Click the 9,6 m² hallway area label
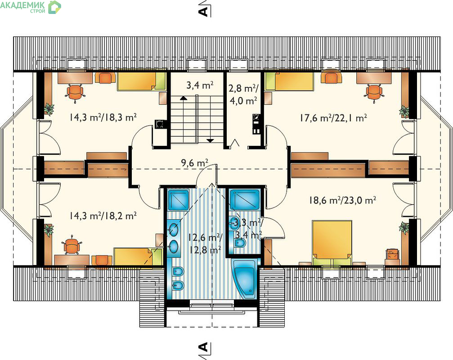tap(195, 163)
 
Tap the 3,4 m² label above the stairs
tap(200, 85)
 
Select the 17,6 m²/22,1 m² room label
tap(333, 118)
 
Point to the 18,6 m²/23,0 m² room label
tap(342, 200)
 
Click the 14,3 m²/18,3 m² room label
tap(103, 117)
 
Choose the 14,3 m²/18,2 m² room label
tap(103, 216)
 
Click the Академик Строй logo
tap(31, 7)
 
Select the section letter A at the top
tap(203, 11)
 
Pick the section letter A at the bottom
tap(203, 346)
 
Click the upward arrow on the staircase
tap(183, 98)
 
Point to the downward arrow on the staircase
tap(210, 140)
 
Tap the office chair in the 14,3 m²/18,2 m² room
tap(72, 245)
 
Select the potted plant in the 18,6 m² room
tap(404, 227)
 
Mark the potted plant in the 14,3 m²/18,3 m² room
tap(49, 109)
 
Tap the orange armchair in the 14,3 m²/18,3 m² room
tap(105, 78)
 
